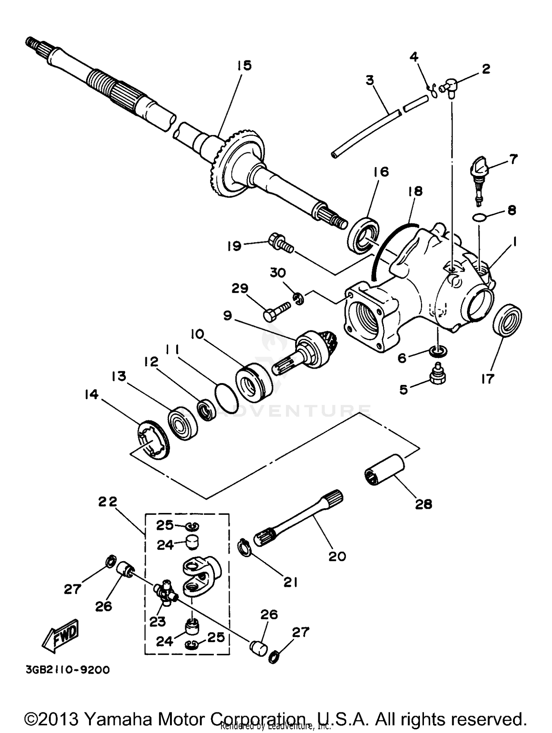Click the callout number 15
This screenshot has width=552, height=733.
click(244, 65)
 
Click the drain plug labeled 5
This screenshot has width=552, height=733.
click(438, 373)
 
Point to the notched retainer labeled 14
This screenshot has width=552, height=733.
click(154, 439)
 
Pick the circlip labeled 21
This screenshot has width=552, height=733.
click(245, 548)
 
